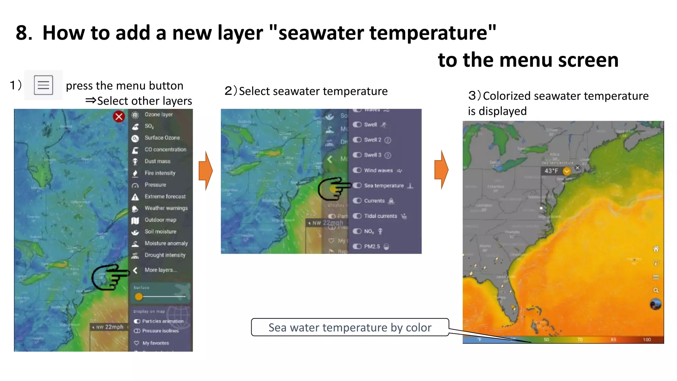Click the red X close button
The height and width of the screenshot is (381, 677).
(x=119, y=116)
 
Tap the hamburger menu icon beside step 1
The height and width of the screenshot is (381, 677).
(x=43, y=85)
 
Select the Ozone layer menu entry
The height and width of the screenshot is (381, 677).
(x=158, y=114)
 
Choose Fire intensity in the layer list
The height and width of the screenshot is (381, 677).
(x=160, y=173)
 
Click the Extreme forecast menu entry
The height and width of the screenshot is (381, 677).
(x=165, y=196)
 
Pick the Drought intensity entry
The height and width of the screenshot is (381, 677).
(x=165, y=255)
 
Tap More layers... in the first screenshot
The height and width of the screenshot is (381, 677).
(x=160, y=270)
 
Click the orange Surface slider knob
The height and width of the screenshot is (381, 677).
(x=139, y=297)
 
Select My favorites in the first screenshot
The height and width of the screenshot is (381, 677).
(x=155, y=343)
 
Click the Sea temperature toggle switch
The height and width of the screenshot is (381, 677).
(x=357, y=186)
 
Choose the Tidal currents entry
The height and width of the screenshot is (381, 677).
(x=380, y=216)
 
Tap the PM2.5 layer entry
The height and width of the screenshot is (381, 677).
(x=372, y=246)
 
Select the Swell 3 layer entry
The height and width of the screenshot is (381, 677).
(x=373, y=155)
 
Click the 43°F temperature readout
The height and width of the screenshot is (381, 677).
(x=551, y=171)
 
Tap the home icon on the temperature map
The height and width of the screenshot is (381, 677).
(x=656, y=249)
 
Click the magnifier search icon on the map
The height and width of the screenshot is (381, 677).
(x=656, y=290)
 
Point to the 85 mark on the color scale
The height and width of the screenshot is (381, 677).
(x=613, y=340)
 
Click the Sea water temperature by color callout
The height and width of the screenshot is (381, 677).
(x=350, y=327)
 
